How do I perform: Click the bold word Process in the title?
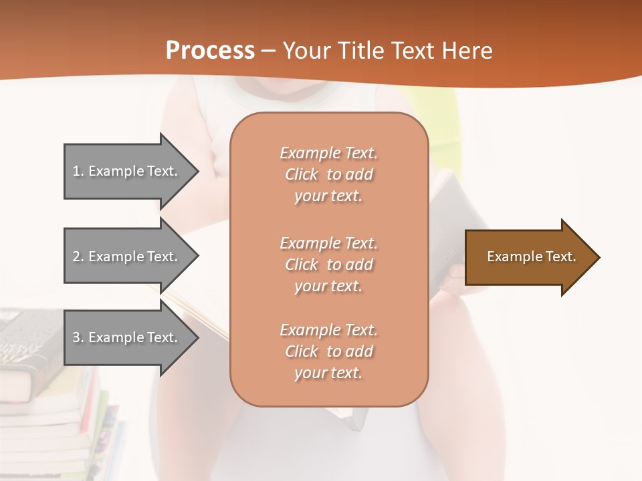click(210, 51)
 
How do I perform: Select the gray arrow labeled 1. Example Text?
click(127, 171)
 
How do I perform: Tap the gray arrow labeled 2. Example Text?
click(127, 257)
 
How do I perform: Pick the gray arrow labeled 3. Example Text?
click(127, 337)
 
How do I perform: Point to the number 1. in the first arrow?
click(78, 171)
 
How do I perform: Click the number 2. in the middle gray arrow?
click(78, 257)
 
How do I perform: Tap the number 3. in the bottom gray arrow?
click(78, 337)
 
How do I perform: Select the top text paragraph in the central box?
click(328, 174)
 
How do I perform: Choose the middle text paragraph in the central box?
click(328, 265)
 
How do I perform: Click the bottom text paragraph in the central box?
click(328, 351)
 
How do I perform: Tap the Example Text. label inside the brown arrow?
click(531, 257)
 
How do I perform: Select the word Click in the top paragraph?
click(302, 175)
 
